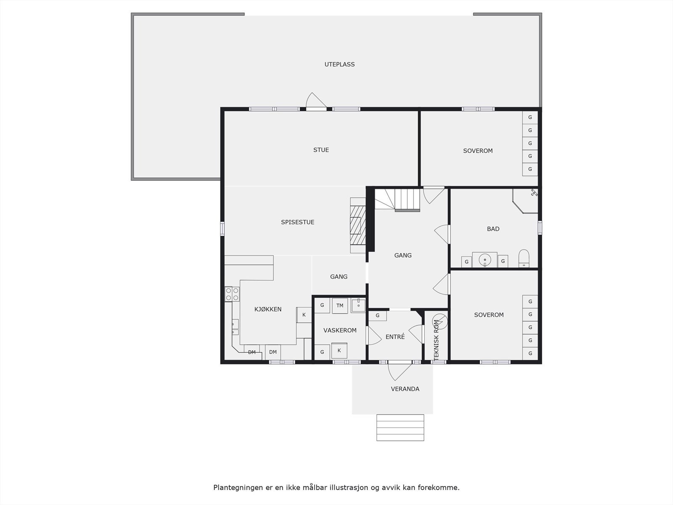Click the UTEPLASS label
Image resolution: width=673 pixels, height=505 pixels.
pyautogui.click(x=339, y=64)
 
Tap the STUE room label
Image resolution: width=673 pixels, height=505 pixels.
pyautogui.click(x=321, y=150)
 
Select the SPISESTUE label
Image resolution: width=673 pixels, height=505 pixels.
pyautogui.click(x=298, y=222)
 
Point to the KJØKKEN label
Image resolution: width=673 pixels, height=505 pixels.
pyautogui.click(x=268, y=309)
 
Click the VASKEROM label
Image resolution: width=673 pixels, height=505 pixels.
pyautogui.click(x=340, y=330)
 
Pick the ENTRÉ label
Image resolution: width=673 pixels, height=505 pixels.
pyautogui.click(x=395, y=337)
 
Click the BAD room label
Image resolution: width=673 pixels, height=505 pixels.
pyautogui.click(x=493, y=229)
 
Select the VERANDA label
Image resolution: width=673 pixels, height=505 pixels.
pyautogui.click(x=405, y=389)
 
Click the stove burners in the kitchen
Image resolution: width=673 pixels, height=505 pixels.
pyautogui.click(x=232, y=294)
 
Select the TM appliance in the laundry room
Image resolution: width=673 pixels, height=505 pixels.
pyautogui.click(x=340, y=306)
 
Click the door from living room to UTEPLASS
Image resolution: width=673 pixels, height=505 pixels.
pyautogui.click(x=316, y=104)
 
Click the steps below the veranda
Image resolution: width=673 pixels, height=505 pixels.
pyautogui.click(x=400, y=428)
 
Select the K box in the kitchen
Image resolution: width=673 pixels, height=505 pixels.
pyautogui.click(x=304, y=315)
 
